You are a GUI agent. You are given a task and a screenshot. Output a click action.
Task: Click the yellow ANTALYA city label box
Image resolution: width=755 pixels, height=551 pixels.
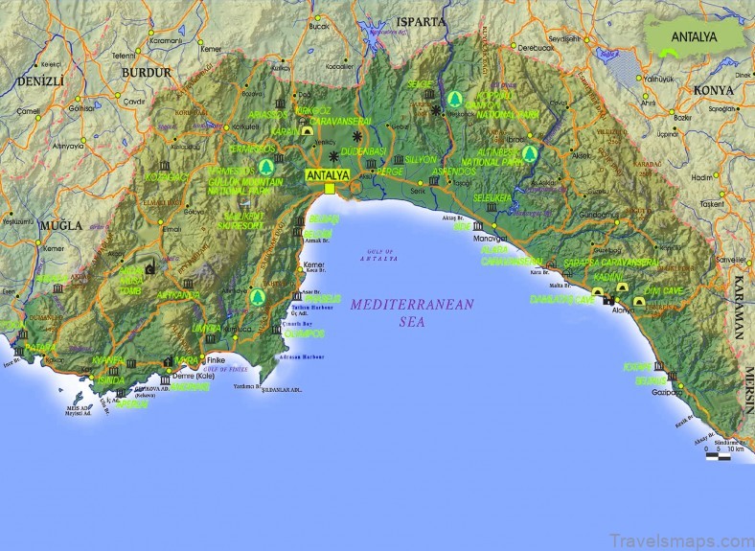click(329, 176)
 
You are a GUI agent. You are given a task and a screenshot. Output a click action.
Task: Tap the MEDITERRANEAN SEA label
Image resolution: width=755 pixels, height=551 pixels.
click(399, 312)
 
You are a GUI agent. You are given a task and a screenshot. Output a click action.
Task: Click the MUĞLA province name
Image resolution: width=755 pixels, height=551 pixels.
click(60, 225)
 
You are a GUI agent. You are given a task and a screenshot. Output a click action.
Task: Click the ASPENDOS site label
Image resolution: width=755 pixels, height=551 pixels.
click(453, 172)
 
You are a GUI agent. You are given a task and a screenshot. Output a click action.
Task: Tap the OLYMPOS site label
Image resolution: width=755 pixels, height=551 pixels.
click(306, 333)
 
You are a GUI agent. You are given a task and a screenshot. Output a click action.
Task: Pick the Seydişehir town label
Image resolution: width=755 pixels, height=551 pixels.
click(564, 38)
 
